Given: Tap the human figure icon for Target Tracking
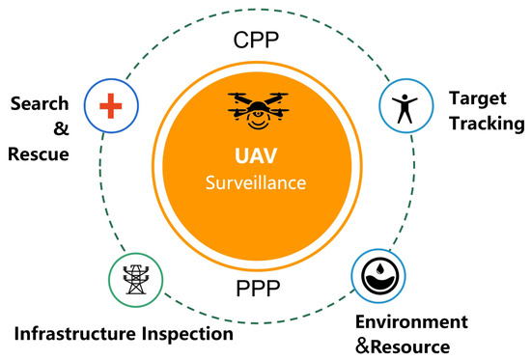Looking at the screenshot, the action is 404,104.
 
